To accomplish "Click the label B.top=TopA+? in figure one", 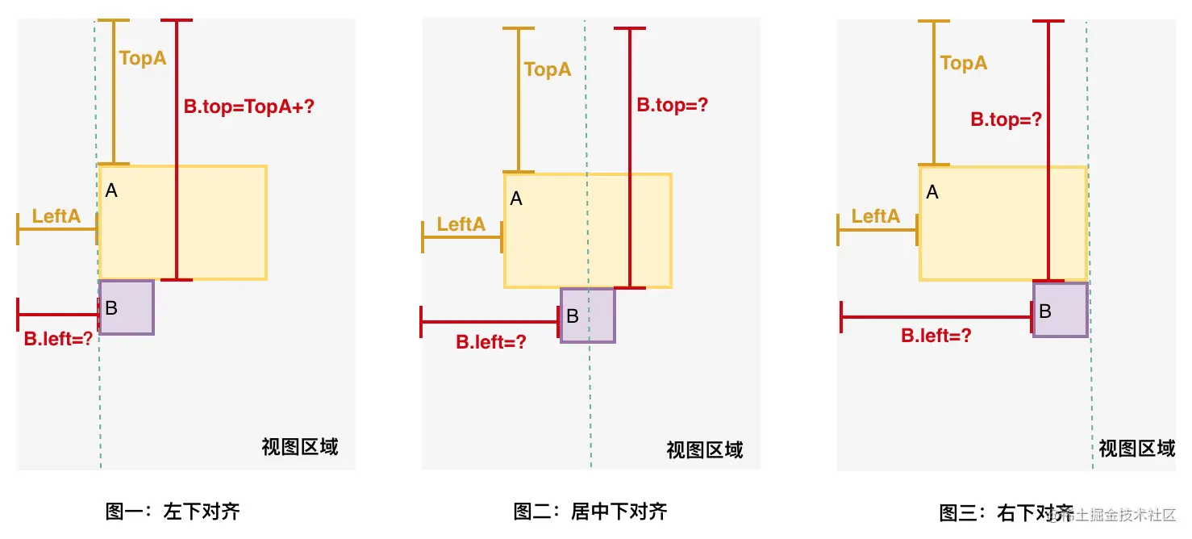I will tap(248, 106).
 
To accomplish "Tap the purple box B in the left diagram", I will tap(127, 307).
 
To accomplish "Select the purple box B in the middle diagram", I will tap(588, 315).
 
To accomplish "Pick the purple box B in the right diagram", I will tap(1061, 310).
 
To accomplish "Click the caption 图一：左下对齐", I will tap(173, 512).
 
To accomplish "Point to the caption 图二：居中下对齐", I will tap(590, 512).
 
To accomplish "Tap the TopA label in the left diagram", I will tap(143, 58).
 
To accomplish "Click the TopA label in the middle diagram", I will tap(548, 69).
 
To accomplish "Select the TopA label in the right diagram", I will tap(964, 63).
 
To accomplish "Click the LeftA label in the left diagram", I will tap(56, 216).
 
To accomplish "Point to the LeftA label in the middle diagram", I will tap(461, 224).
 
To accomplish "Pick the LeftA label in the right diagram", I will tap(876, 216).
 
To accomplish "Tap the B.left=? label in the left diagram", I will tap(59, 339).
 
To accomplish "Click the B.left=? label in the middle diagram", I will tap(491, 341).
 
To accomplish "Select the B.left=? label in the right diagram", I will tap(936, 336).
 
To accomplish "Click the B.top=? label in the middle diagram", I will tap(673, 105).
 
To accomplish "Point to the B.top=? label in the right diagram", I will tap(1007, 120).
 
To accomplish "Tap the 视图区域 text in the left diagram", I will tap(300, 447).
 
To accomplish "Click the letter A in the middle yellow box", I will tap(516, 198).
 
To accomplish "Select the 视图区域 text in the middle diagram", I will tap(705, 450).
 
